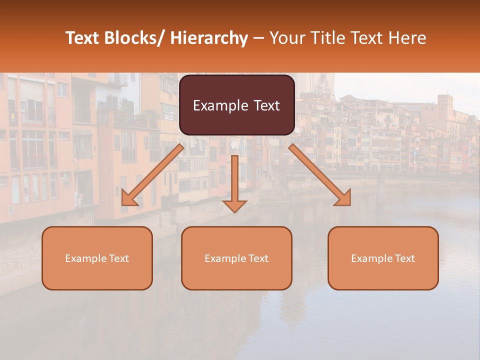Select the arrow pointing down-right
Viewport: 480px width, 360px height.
tap(320, 175)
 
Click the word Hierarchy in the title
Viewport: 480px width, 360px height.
tap(209, 38)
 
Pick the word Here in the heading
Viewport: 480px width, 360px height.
tap(408, 38)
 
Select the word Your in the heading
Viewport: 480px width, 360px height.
tap(285, 38)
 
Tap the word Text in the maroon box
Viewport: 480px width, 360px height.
tap(265, 106)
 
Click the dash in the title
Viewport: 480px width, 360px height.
tap(258, 38)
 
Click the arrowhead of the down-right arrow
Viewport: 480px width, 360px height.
tap(343, 198)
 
